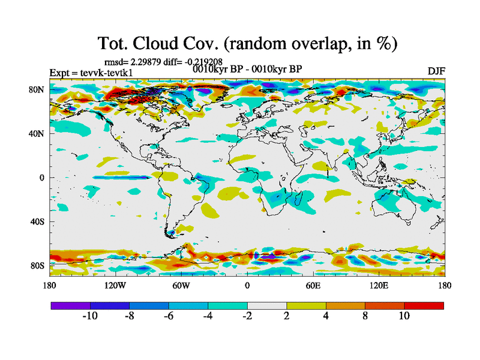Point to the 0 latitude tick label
coord(42,178)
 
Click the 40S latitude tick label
coord(37,221)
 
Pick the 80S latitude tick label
coord(37,265)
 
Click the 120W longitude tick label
coord(115,285)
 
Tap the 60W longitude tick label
coord(181,285)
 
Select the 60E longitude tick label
coord(313,285)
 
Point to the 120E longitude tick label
coord(379,285)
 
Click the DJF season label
coord(436,71)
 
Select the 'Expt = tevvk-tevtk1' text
coord(91,73)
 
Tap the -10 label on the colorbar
coord(90,316)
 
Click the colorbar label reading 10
coord(404,316)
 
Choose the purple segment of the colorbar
coord(70,305)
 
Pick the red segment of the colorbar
coord(424,305)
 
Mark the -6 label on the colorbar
coord(169,316)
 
